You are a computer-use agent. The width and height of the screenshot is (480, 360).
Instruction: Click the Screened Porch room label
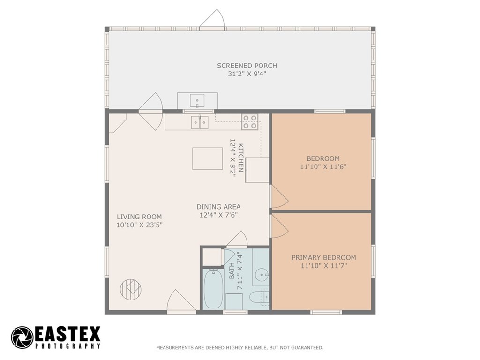[247, 66]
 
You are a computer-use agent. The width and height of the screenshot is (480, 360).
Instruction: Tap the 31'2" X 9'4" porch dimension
[247, 74]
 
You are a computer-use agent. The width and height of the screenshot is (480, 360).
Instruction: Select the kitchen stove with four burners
[250, 121]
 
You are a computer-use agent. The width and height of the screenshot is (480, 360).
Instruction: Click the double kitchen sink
[200, 122]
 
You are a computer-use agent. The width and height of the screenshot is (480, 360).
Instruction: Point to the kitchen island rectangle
[208, 158]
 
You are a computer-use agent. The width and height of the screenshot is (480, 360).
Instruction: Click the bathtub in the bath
[213, 289]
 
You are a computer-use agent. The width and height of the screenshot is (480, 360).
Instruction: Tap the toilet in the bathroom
[259, 297]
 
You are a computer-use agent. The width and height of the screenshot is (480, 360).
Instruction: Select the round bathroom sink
[261, 275]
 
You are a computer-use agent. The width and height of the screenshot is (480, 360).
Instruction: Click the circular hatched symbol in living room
[131, 289]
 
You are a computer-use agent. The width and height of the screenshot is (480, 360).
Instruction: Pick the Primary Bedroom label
[323, 257]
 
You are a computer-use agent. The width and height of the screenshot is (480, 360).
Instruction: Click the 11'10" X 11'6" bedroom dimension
[323, 167]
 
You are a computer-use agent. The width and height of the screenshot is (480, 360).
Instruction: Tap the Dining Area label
[218, 207]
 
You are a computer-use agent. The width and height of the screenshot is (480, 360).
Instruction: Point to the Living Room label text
[139, 217]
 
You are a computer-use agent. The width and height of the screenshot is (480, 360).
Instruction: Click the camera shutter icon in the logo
[22, 337]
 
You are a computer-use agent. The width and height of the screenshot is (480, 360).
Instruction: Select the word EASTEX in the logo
[67, 334]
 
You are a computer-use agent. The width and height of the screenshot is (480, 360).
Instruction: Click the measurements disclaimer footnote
[240, 347]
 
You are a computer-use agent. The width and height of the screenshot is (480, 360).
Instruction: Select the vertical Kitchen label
[241, 157]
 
